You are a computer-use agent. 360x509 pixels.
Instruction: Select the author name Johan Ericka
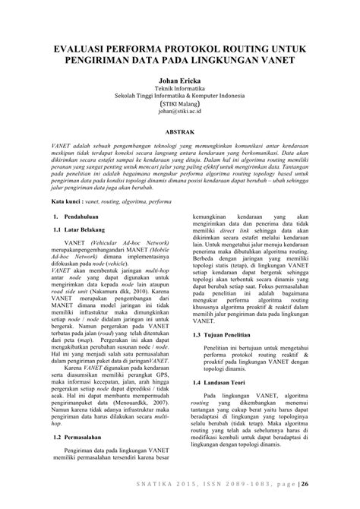point(180,78)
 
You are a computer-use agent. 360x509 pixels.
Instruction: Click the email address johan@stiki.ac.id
point(180,109)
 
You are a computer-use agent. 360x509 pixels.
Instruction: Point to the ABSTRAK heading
point(180,131)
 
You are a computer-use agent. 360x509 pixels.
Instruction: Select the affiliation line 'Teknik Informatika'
point(180,89)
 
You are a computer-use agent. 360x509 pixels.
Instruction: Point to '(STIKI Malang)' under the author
point(180,103)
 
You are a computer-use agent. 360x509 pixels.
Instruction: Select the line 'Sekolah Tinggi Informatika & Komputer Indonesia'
point(180,96)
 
